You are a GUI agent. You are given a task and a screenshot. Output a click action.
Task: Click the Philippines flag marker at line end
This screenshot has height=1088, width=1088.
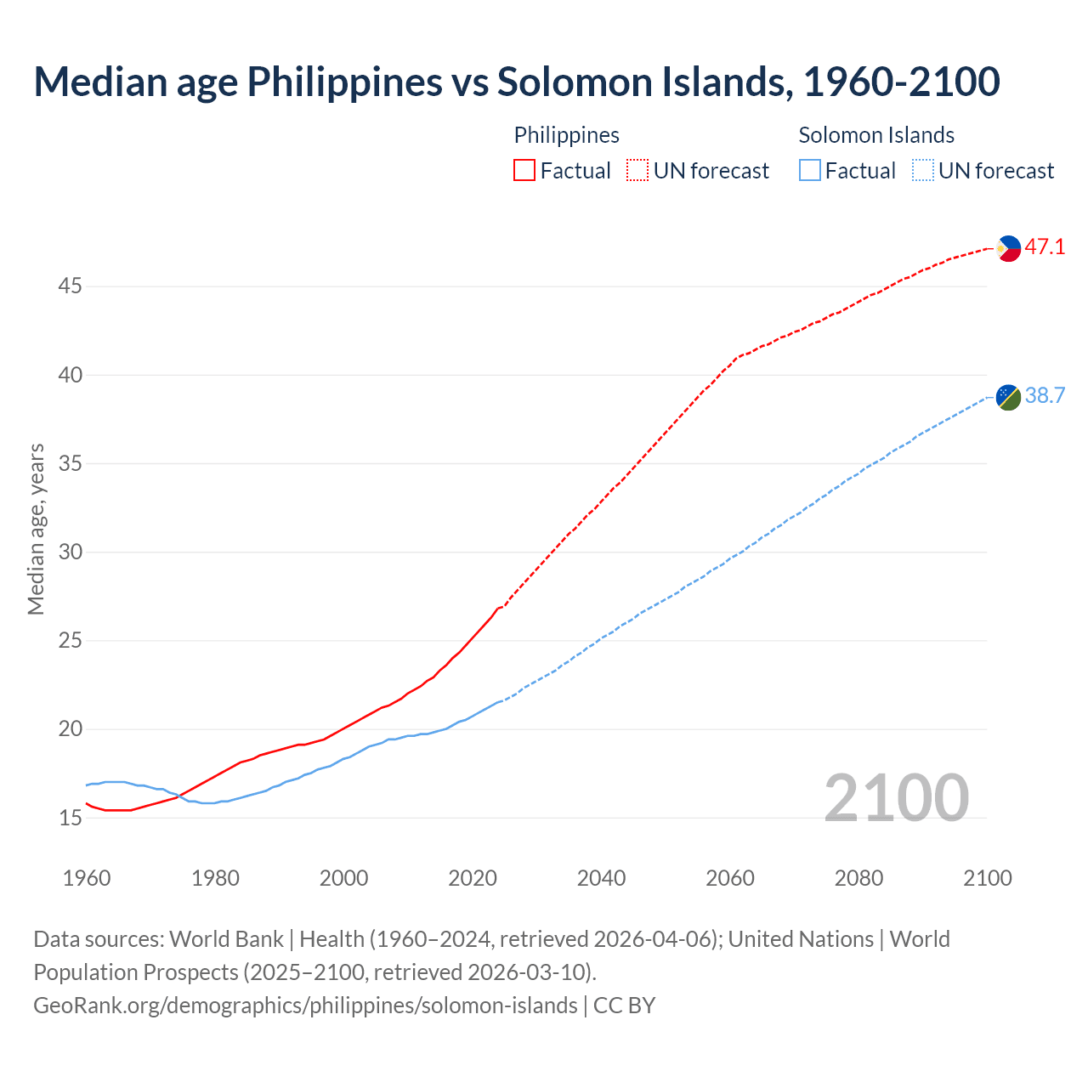tap(1008, 248)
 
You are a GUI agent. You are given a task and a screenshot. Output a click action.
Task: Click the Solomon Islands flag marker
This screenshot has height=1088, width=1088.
tap(1008, 397)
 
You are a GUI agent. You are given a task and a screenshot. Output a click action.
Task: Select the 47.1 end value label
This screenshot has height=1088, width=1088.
tap(1045, 247)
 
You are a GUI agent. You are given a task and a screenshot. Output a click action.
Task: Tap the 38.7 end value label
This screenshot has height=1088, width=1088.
tap(1045, 396)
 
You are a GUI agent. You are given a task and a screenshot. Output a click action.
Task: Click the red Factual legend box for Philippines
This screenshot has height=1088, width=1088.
tap(524, 171)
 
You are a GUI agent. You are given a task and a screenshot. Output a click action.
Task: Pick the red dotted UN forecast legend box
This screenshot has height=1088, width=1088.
tap(637, 171)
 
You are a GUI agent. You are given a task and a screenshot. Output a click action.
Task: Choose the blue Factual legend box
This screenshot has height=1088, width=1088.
tap(810, 171)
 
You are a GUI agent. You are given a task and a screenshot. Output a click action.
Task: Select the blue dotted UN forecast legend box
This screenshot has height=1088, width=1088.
tap(923, 171)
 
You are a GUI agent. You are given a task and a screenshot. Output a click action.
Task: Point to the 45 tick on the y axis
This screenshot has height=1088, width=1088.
tap(70, 286)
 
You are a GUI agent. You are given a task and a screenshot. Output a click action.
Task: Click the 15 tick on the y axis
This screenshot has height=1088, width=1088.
tap(70, 819)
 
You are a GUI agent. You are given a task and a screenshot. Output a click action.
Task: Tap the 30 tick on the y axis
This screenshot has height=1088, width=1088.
tap(70, 552)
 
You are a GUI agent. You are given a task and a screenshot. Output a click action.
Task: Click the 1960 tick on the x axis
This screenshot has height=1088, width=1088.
tap(87, 878)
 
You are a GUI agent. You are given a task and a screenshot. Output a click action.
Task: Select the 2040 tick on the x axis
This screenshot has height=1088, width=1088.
tap(601, 878)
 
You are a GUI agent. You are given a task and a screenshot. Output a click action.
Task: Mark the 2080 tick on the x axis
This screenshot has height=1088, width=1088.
tap(858, 878)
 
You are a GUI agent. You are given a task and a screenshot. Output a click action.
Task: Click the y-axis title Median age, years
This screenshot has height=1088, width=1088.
tap(36, 529)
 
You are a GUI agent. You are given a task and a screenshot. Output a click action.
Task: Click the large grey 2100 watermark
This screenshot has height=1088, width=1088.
tap(896, 798)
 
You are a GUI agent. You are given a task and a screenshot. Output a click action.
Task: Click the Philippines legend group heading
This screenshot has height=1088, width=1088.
tap(566, 135)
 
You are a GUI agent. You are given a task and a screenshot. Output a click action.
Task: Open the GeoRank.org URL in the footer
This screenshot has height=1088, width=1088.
tap(305, 1006)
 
